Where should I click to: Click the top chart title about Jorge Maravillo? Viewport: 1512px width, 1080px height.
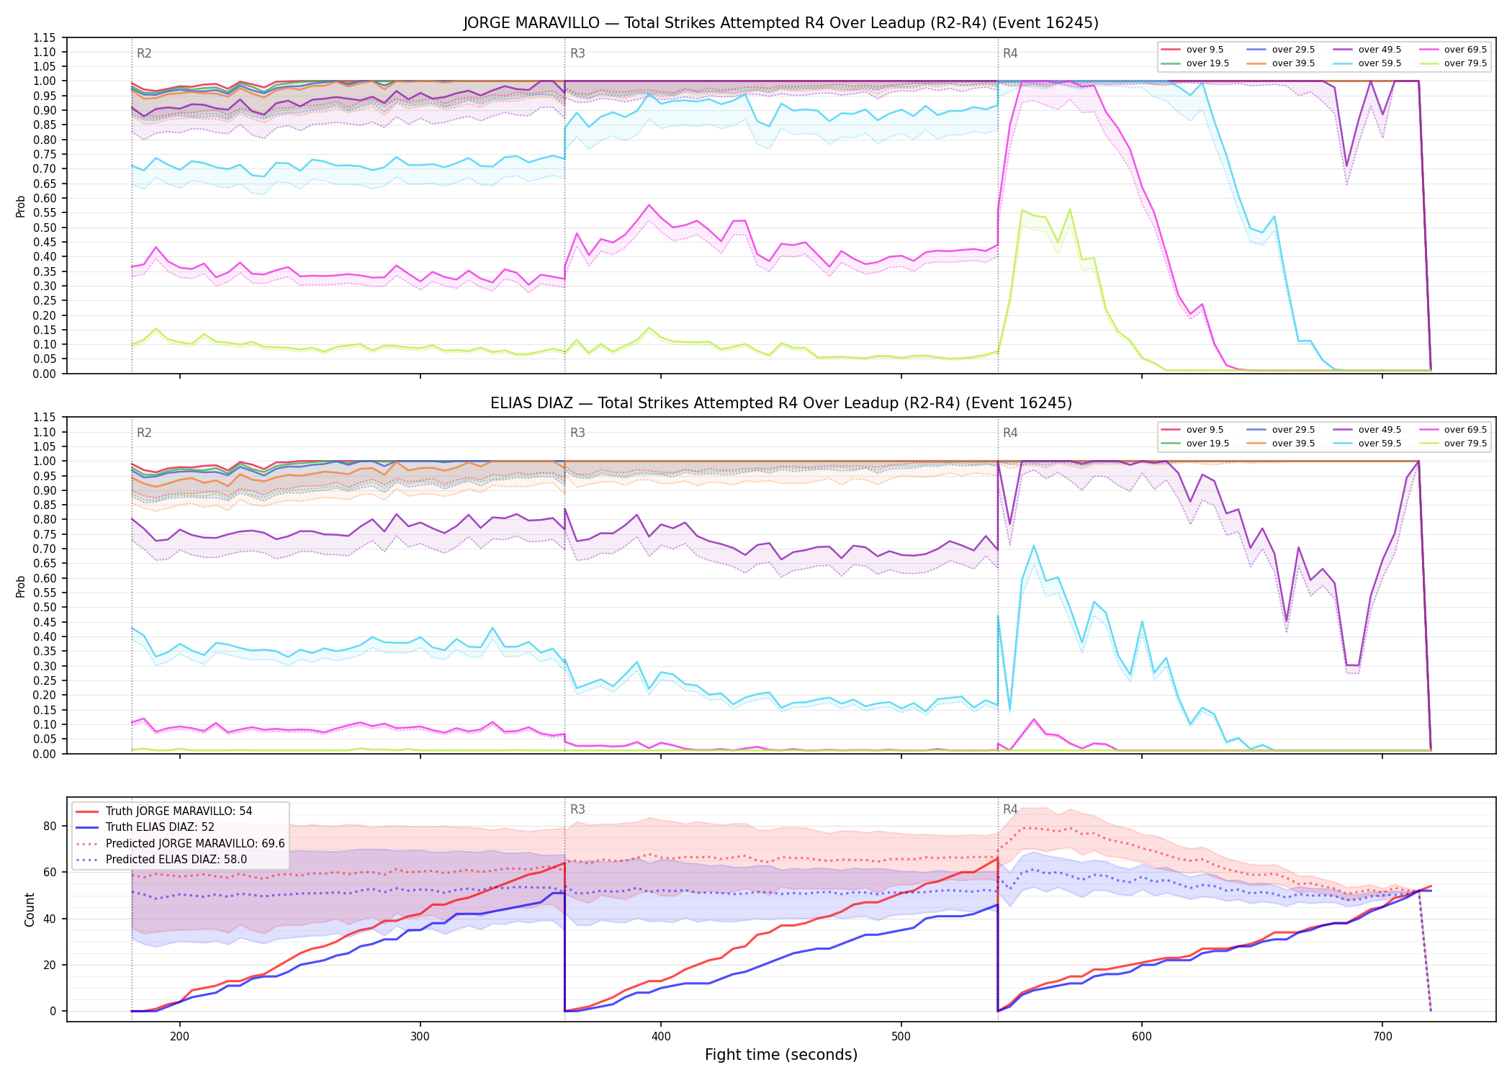(x=780, y=23)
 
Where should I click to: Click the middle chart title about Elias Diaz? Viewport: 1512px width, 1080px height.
(x=780, y=403)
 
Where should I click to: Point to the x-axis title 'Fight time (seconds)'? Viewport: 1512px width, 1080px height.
(x=781, y=1055)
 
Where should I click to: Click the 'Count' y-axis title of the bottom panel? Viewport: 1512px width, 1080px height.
(x=30, y=909)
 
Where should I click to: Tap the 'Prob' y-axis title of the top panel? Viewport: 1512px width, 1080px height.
(x=21, y=206)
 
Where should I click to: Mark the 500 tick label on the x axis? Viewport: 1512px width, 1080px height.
(x=901, y=1036)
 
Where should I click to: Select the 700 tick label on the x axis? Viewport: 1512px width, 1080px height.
(x=1382, y=1036)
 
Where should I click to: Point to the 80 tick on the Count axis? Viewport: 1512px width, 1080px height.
(x=50, y=826)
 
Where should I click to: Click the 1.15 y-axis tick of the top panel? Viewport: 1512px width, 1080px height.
(x=45, y=37)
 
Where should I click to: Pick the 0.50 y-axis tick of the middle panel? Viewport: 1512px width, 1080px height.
(x=45, y=607)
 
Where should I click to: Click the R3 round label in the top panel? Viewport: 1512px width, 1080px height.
(x=577, y=53)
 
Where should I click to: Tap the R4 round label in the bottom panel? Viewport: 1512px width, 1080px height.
(x=1010, y=809)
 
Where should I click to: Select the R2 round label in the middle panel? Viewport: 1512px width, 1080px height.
(x=144, y=433)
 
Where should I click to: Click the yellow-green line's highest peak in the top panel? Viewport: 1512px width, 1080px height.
(x=1070, y=210)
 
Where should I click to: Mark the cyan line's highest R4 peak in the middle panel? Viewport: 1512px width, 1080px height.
(x=1034, y=546)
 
